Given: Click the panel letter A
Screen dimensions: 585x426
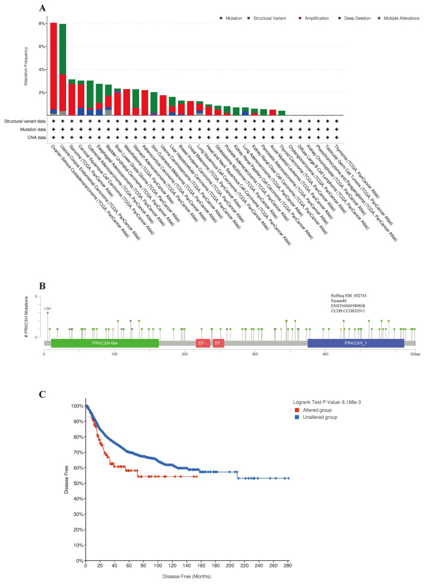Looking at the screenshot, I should click(x=43, y=8).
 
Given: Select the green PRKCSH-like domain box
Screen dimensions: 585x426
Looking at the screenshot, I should click(x=105, y=342).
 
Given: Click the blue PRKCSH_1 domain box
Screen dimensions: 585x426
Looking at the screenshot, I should click(x=355, y=342).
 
